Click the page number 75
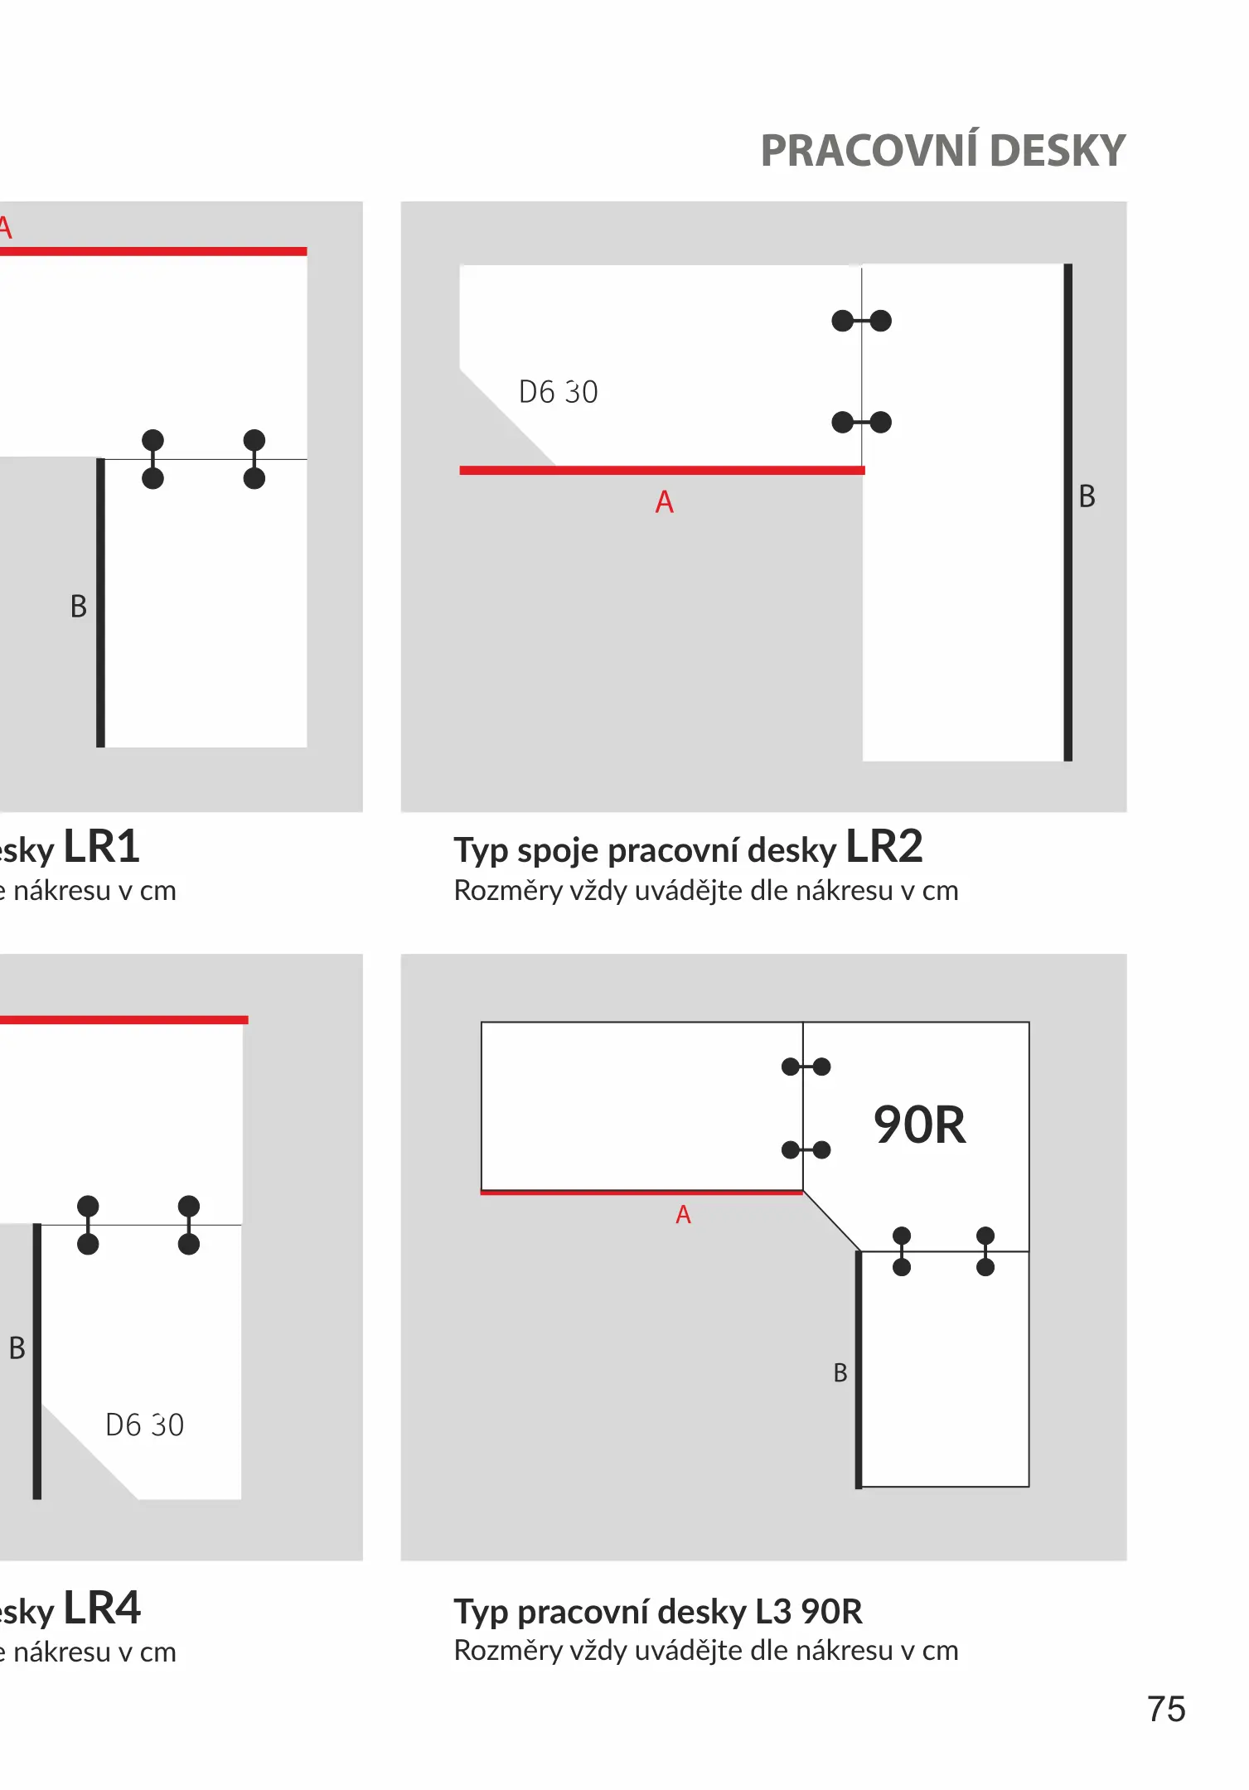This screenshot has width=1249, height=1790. pos(1166,1710)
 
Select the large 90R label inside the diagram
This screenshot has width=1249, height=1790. pos(919,1125)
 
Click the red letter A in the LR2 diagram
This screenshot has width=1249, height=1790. pos(664,502)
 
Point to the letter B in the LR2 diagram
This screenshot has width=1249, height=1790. pos(1087,496)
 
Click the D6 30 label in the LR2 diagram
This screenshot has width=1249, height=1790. pos(558,392)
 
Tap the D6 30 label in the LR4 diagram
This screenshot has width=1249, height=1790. pos(144,1425)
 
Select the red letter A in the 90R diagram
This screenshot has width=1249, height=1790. pos(683,1215)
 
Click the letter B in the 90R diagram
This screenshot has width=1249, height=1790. pos(840,1373)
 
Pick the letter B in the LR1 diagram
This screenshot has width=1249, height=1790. pos(79,607)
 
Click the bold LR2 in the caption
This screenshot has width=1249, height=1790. pos(883,847)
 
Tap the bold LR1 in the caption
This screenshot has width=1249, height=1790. pos(102,847)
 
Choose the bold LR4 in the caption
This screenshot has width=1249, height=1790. pos(102,1609)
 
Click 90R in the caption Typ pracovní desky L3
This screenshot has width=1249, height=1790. pos(831,1612)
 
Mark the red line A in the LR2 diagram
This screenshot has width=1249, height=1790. pos(661,471)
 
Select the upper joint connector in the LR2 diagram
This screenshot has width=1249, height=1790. pos(861,321)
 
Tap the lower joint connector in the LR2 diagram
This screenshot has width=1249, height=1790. pos(861,423)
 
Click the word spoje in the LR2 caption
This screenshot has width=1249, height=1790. pos(558,851)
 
